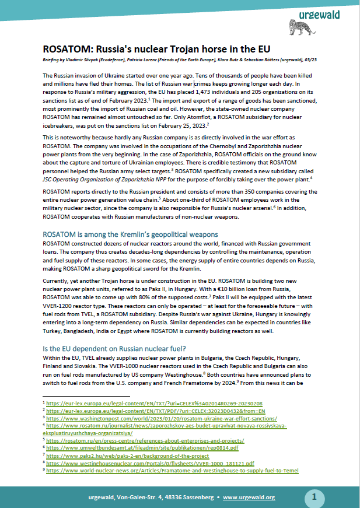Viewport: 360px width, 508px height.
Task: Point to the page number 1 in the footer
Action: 314,497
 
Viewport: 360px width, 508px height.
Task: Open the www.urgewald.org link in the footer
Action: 249,498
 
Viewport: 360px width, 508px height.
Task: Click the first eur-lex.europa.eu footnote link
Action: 155,403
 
